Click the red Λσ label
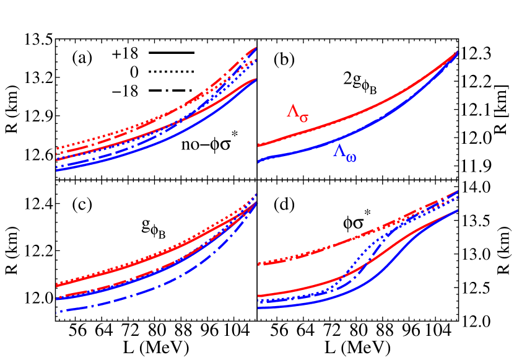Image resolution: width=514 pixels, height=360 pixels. coord(297,112)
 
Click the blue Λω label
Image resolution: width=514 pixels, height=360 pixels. coord(345,152)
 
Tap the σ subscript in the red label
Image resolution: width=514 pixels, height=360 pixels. coord(303,117)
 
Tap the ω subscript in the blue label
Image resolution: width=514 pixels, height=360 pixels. coord(351,157)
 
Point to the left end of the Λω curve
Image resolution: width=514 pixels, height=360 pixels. coord(259,162)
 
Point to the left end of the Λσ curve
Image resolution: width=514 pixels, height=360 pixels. coord(259,145)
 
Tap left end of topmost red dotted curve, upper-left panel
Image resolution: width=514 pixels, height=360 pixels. coord(57,148)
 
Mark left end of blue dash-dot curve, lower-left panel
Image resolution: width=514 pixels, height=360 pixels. coord(57,312)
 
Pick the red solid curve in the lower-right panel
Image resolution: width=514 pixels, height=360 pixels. coord(347,273)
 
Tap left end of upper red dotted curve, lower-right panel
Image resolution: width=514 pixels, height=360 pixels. coord(259,263)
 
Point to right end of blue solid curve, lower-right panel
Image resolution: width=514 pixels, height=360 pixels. coord(457,211)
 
